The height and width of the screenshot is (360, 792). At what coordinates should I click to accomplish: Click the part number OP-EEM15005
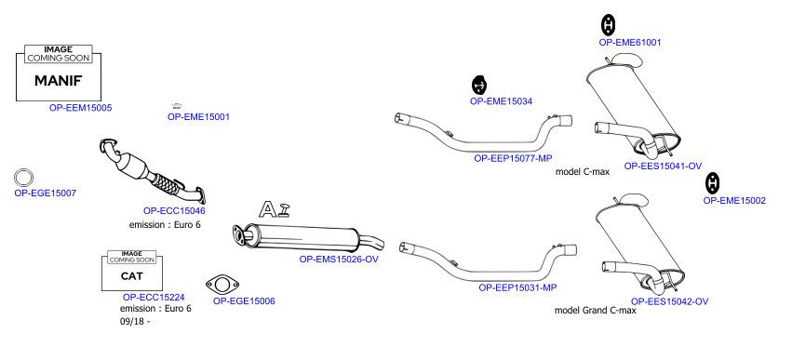coord(80,108)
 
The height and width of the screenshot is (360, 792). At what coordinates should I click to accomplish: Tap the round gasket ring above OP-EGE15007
coord(23,178)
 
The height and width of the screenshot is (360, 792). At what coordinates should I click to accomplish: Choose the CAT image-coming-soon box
coord(132,271)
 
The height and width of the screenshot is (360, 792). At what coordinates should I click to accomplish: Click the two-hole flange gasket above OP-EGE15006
coord(222,285)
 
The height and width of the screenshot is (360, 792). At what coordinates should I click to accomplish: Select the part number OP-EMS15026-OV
coord(339,260)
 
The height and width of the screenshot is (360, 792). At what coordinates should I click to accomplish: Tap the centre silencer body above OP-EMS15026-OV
coord(308,238)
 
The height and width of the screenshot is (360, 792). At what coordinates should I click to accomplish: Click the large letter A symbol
coord(268,209)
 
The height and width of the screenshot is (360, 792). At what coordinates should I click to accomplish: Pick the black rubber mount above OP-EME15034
coord(479,85)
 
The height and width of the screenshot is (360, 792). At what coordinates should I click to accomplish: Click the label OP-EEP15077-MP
coord(513,158)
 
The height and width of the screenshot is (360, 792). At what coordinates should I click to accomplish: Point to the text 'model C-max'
coord(583,172)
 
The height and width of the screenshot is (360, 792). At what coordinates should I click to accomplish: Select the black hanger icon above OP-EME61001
coord(609,25)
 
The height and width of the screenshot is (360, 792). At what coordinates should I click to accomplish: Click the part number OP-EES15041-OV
coord(663,167)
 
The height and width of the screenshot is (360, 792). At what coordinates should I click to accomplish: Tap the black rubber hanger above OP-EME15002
coord(713,183)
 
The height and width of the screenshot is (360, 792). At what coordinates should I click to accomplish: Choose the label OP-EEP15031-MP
coord(517,287)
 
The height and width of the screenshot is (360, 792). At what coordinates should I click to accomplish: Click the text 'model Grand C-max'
coord(596,311)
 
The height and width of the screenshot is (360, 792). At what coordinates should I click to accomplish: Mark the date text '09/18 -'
coord(135,322)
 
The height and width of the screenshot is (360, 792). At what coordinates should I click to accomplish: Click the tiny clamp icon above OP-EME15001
coord(176,105)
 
